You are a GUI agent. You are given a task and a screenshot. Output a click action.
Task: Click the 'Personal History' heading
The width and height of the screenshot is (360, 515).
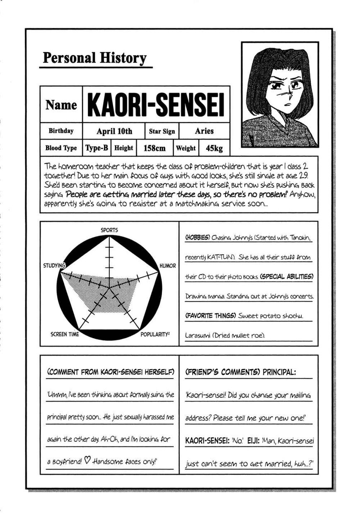click(94, 58)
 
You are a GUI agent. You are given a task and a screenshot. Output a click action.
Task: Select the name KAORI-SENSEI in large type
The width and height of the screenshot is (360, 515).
click(156, 105)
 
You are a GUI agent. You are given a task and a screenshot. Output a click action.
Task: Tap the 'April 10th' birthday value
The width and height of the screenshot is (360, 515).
click(114, 132)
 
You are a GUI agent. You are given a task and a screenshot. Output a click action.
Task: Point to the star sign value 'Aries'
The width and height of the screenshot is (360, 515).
click(204, 131)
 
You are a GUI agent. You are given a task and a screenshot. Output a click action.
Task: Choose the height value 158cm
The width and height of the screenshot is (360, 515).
click(154, 148)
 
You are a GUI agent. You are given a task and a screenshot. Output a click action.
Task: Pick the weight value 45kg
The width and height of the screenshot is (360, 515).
click(214, 148)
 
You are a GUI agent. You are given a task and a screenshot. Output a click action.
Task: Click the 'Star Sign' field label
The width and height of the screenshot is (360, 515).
click(162, 132)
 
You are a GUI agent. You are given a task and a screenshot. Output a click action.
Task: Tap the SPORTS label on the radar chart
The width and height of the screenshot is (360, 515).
click(109, 230)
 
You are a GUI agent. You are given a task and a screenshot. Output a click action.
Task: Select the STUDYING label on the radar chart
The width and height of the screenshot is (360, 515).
click(54, 265)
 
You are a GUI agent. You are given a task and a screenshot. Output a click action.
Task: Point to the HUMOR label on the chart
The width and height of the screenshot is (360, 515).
click(167, 266)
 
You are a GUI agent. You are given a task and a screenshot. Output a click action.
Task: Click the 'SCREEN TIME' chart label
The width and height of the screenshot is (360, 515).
click(65, 334)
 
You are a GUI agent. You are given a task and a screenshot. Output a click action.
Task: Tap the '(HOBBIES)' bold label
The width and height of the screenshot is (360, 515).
click(197, 238)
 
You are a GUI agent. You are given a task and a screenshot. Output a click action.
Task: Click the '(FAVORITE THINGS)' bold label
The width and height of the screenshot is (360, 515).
click(210, 316)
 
